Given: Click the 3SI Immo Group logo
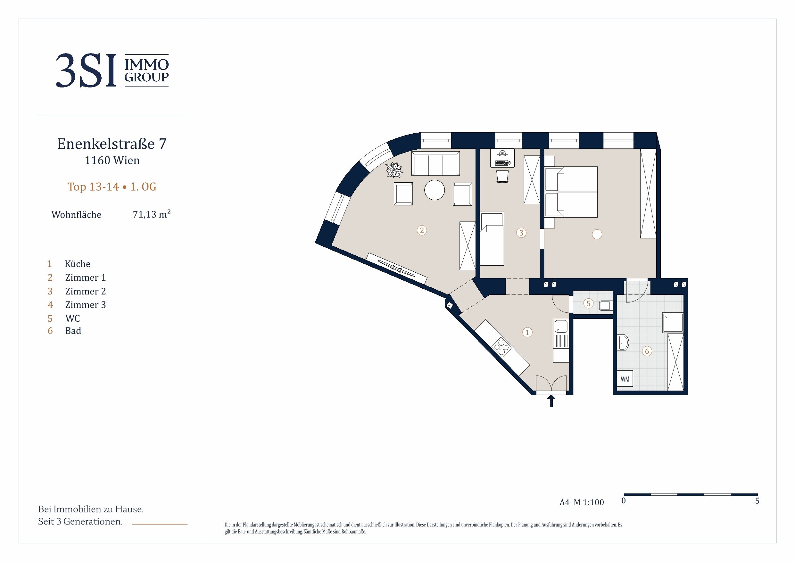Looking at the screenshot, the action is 112,70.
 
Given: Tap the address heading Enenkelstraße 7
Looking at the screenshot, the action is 112,144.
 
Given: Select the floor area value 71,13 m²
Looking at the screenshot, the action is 152,214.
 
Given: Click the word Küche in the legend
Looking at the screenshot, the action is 78,264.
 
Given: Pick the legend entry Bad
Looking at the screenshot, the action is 73,331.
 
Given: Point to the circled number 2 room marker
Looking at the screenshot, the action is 422,230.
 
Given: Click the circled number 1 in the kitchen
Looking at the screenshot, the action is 527,332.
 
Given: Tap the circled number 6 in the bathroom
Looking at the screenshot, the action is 647,351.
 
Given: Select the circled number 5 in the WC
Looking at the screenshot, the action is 588,303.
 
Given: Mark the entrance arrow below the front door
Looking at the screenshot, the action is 551,401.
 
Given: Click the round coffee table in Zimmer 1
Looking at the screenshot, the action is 435,190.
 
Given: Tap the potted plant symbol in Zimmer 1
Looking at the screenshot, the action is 394,170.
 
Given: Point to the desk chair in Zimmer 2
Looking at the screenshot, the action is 502,176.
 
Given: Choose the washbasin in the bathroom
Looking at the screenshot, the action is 623,343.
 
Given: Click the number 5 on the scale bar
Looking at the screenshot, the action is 757,501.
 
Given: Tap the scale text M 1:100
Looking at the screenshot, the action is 589,502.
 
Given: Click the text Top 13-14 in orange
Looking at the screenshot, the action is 93,187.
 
